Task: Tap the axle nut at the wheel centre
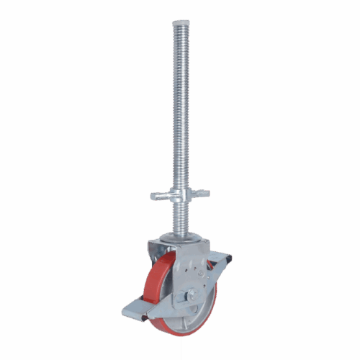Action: pos(192,294)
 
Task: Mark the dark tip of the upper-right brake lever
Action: pos(229,258)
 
